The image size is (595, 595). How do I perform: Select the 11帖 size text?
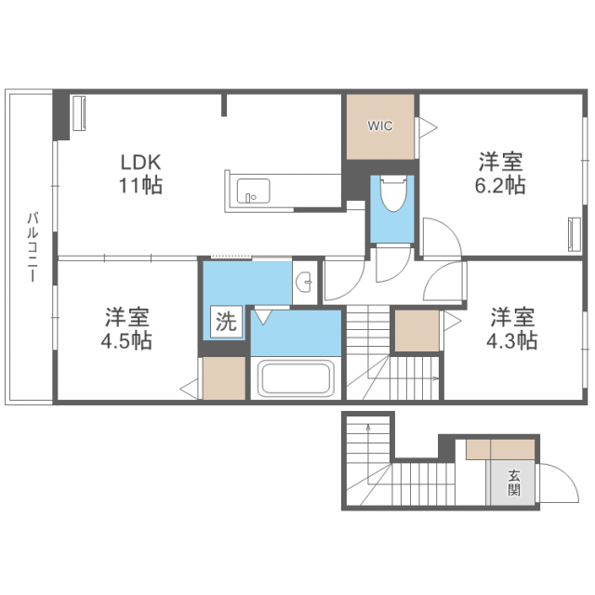tap(140, 185)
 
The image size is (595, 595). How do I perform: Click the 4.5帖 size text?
tap(127, 340)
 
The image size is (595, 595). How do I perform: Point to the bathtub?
tap(296, 379)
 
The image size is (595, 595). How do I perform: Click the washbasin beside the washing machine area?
tap(303, 282)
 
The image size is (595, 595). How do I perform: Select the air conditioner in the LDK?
tap(78, 113)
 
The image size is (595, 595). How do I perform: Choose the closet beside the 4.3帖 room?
tap(416, 331)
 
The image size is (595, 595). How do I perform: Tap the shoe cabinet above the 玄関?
tap(501, 449)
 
